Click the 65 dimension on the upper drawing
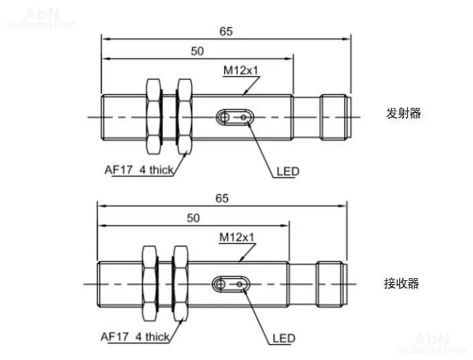tap(225, 31)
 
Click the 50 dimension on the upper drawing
tap(197, 51)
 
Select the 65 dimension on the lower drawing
tap(222, 198)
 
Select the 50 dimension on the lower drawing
tap(193, 218)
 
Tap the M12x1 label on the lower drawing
tap(237, 237)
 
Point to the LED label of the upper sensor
tap(288, 171)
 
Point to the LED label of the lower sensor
tap(284, 339)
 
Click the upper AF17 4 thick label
tap(139, 170)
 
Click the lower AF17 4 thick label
tap(134, 337)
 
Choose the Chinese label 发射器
tap(404, 113)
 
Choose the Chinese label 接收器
tap(402, 284)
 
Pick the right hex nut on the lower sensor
tap(179, 284)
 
